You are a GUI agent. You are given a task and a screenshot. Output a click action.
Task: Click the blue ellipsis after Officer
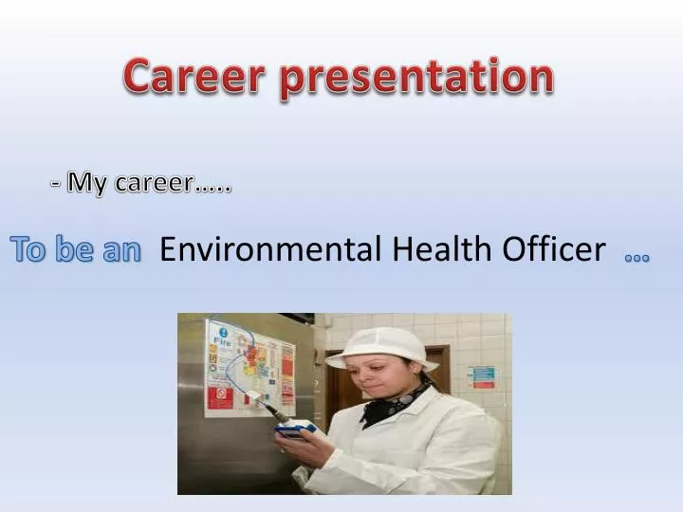[637, 257]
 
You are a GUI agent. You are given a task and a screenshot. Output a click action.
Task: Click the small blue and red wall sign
[483, 377]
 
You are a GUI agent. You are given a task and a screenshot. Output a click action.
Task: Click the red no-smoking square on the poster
[220, 395]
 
